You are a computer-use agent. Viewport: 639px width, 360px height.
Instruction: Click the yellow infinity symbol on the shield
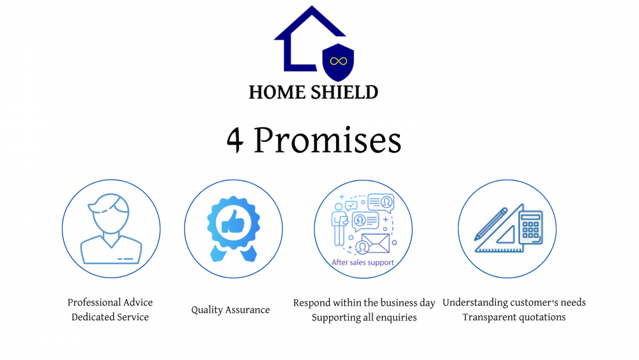coord(338,61)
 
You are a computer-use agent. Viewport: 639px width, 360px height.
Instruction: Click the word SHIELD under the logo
coord(345,93)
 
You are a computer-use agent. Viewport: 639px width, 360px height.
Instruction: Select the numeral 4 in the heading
coord(235,140)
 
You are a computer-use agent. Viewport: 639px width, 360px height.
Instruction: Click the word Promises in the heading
coord(328,140)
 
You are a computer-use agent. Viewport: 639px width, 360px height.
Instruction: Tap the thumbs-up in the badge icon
coord(233,222)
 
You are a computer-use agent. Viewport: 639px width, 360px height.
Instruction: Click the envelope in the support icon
coord(375,243)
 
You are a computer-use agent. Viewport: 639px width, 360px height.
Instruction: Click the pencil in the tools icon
coord(491,224)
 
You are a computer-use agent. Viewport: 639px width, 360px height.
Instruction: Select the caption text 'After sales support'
coord(363,263)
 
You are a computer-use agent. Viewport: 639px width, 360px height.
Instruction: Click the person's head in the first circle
coord(110,213)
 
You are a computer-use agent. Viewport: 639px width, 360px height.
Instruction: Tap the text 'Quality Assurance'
coord(231,310)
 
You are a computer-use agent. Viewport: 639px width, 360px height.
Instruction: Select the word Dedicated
coord(92,317)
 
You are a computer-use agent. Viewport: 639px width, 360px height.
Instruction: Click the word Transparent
coord(487,317)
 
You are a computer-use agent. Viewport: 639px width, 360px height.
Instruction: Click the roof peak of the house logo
coord(312,6)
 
